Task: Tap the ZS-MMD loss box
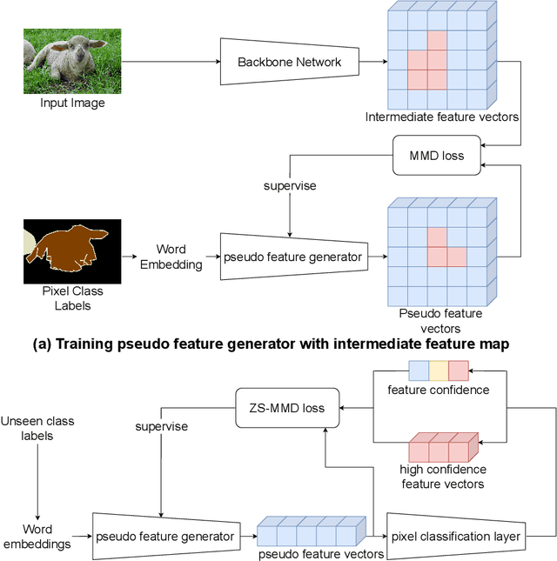click(287, 407)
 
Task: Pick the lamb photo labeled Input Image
click(65, 62)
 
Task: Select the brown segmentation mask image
click(72, 252)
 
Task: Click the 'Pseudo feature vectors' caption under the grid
click(440, 319)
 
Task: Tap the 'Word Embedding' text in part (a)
click(171, 257)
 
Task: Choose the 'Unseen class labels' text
click(37, 429)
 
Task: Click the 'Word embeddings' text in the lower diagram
click(37, 536)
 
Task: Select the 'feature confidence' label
click(438, 390)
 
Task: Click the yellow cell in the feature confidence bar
click(439, 371)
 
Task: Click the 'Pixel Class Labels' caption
click(66, 299)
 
